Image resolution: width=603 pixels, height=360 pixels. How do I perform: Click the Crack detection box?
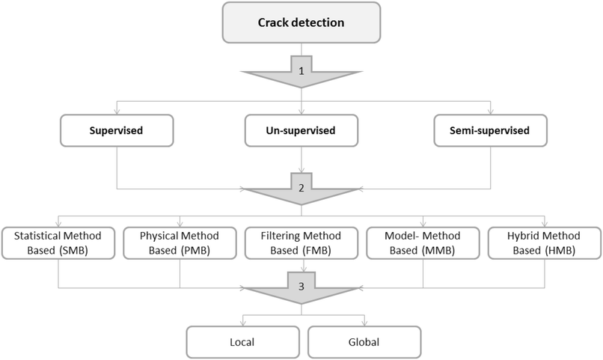[x=301, y=22]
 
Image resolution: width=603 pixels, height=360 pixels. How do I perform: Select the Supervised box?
[x=117, y=130]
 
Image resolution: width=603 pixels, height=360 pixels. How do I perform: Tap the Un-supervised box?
[x=301, y=130]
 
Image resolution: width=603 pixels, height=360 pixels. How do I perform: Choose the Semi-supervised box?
[x=491, y=130]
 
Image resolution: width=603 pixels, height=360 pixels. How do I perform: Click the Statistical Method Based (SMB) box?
[x=58, y=242]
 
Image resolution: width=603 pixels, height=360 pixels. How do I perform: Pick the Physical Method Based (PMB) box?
[x=180, y=242]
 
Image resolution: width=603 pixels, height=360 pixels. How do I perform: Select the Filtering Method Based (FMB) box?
[x=301, y=242]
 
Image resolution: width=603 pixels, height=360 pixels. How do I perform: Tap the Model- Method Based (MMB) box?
[x=423, y=242]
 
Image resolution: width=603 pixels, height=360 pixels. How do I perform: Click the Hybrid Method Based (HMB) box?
[x=544, y=242]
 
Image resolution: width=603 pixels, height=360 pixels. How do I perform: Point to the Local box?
[x=241, y=342]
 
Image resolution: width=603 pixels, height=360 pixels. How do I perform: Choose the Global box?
[x=364, y=342]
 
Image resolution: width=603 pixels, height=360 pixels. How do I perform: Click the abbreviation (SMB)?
[x=73, y=251]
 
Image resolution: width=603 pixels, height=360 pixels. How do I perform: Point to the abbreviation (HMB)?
[x=559, y=251]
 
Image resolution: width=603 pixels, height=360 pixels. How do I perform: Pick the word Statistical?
[x=38, y=236]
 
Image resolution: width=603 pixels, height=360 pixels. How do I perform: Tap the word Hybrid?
[x=521, y=236]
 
